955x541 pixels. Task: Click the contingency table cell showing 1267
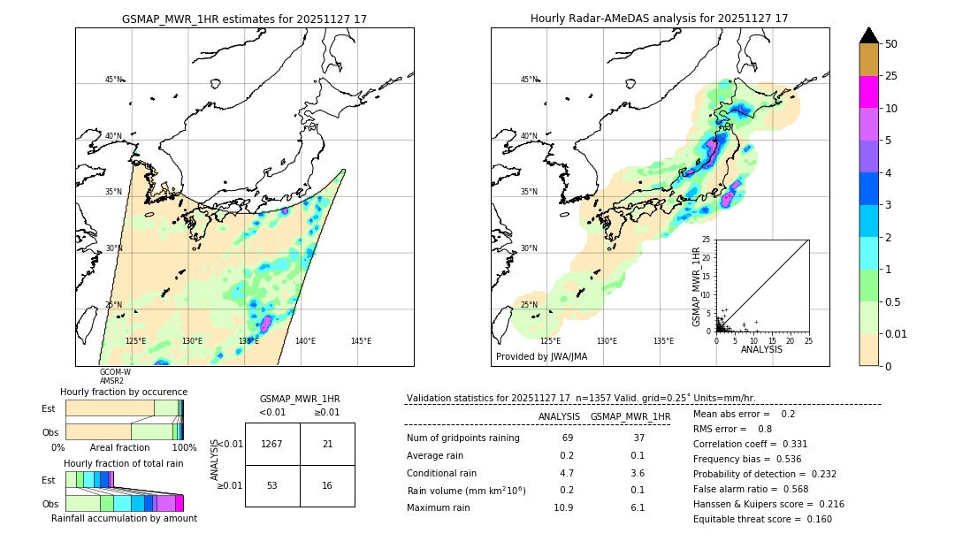pyautogui.click(x=272, y=444)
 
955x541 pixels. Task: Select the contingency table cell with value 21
pyautogui.click(x=327, y=444)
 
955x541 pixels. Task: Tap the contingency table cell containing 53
pyautogui.click(x=272, y=485)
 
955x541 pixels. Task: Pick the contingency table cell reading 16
pyautogui.click(x=327, y=485)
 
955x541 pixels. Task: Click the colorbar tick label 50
pyautogui.click(x=891, y=44)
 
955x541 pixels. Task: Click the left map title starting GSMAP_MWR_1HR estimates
pyautogui.click(x=244, y=19)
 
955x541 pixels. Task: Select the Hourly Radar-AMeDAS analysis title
pyautogui.click(x=660, y=19)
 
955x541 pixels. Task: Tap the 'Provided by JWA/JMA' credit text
pyautogui.click(x=541, y=357)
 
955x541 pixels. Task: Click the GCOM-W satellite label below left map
pyautogui.click(x=114, y=372)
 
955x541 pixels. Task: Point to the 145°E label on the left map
pyautogui.click(x=361, y=341)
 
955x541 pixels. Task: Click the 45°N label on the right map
pyautogui.click(x=529, y=80)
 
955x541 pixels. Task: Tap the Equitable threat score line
pyautogui.click(x=762, y=519)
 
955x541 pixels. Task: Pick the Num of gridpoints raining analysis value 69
pyautogui.click(x=568, y=438)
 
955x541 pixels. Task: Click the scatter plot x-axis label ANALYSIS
pyautogui.click(x=761, y=349)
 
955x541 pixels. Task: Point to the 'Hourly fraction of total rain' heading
pyautogui.click(x=123, y=463)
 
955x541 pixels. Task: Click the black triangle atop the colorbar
pyautogui.click(x=869, y=35)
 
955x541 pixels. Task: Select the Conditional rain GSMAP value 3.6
pyautogui.click(x=638, y=473)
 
